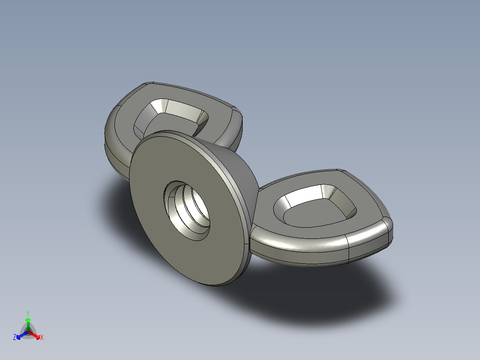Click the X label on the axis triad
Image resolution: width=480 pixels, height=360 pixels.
pyautogui.click(x=42, y=338)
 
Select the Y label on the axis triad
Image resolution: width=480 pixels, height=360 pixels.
pyautogui.click(x=28, y=313)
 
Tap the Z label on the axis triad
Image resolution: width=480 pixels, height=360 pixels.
pyautogui.click(x=15, y=338)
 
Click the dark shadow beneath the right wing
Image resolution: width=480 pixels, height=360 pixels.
pyautogui.click(x=338, y=290)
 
